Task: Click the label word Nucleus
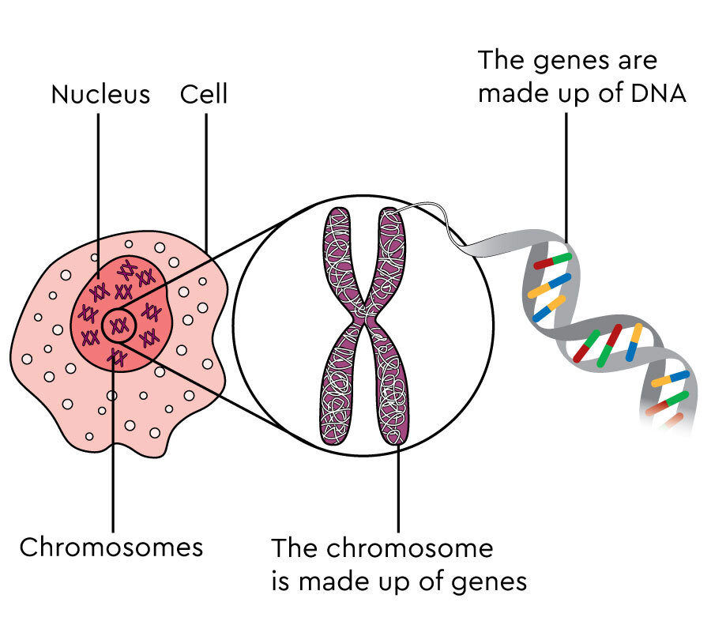pyautogui.click(x=100, y=95)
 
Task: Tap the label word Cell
pyautogui.click(x=204, y=95)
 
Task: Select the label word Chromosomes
pyautogui.click(x=111, y=547)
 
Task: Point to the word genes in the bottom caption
pyautogui.click(x=488, y=582)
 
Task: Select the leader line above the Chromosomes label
pyautogui.click(x=114, y=450)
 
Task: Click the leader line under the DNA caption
pyautogui.click(x=566, y=174)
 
